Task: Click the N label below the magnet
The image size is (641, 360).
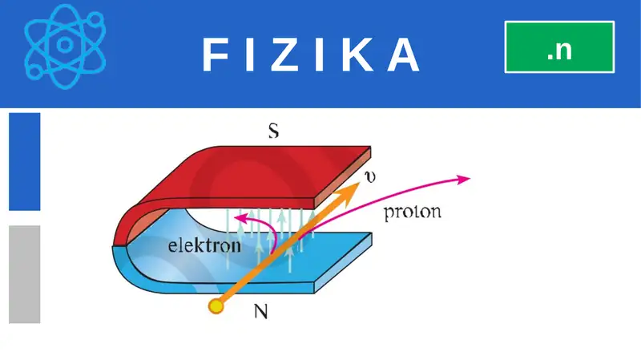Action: point(260,312)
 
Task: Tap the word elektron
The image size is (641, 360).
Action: point(204,245)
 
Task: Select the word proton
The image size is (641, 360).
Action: point(413,214)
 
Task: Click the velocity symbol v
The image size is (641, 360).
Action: point(369,176)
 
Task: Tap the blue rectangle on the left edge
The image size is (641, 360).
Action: point(24,160)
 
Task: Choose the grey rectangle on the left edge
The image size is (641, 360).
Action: point(24,273)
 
